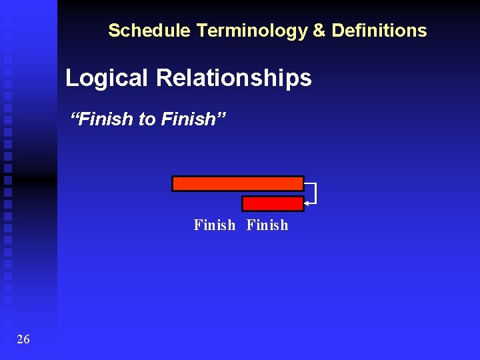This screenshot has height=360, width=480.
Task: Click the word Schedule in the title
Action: point(139,31)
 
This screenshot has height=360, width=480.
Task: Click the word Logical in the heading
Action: point(107,79)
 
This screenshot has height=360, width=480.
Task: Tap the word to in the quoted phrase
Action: point(147,119)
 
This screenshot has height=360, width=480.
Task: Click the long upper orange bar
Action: point(237,183)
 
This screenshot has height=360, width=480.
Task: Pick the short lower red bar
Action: point(272,203)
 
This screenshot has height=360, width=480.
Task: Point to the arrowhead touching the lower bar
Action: point(307,203)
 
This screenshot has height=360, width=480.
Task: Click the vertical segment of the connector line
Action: point(315,193)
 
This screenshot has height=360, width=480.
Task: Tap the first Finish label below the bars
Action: point(214,225)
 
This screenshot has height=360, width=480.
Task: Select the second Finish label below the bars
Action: point(267,225)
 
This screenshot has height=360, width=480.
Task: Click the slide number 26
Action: point(23,340)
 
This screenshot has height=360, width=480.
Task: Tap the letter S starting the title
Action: point(113,31)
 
